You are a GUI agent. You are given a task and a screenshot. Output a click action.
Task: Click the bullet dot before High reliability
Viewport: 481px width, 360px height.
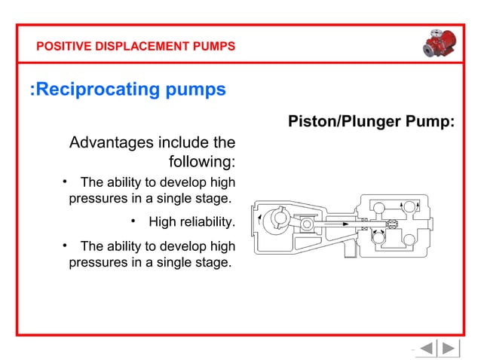(133, 221)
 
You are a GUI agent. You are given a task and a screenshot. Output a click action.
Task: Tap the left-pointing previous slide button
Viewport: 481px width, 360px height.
(425, 348)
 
